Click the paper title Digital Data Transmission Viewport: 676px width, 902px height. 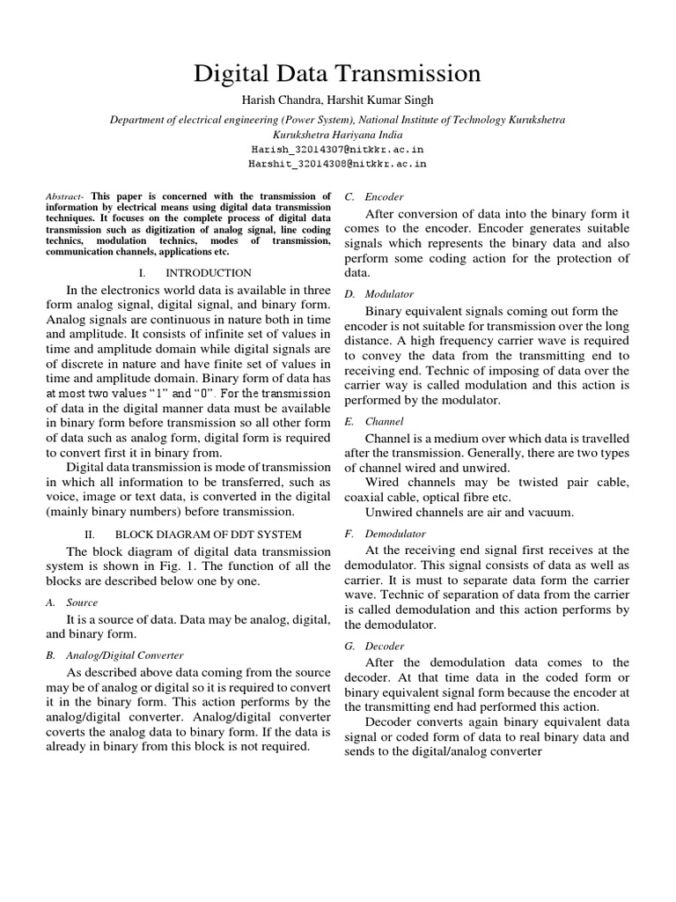337,72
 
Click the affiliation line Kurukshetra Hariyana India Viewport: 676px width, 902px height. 337,135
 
